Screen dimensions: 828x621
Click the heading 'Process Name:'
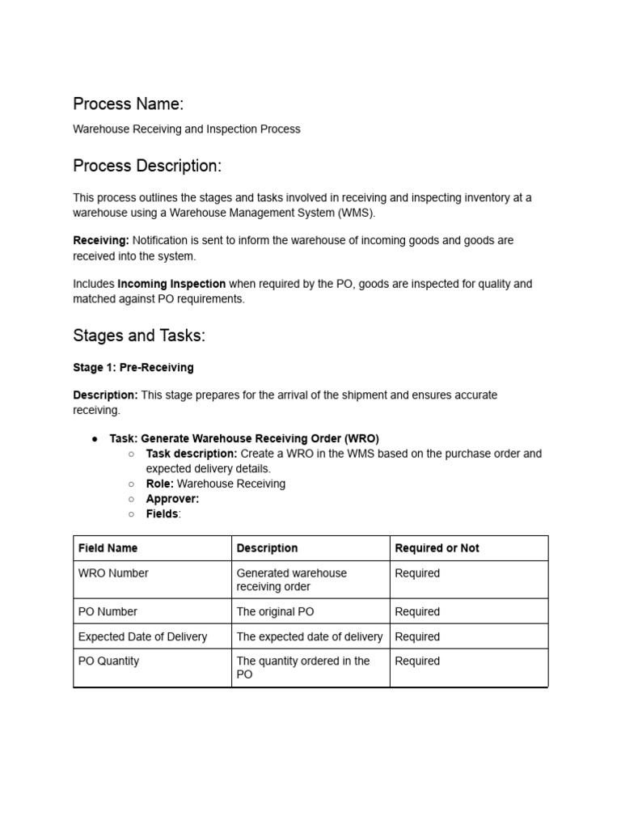(128, 103)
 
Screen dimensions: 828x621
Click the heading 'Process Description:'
(146, 166)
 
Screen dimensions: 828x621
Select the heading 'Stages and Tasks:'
(139, 336)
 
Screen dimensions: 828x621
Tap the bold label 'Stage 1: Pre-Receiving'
(133, 367)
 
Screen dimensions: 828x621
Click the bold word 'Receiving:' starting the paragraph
(101, 240)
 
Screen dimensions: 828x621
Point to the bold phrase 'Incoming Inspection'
(171, 284)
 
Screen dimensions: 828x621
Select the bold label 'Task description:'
(192, 454)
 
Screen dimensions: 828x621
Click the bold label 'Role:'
(160, 484)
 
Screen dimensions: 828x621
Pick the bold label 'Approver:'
(172, 499)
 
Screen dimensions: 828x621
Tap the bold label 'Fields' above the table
(162, 513)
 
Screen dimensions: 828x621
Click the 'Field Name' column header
(108, 548)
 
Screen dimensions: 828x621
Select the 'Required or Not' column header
(437, 548)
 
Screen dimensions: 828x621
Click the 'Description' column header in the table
(267, 548)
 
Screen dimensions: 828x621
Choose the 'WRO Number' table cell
(113, 573)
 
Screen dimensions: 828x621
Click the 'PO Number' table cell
(108, 611)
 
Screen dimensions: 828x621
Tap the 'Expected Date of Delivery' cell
(142, 636)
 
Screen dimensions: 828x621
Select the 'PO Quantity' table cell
(108, 661)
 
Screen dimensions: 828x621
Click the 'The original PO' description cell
(274, 611)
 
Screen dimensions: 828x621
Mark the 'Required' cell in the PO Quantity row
(417, 661)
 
